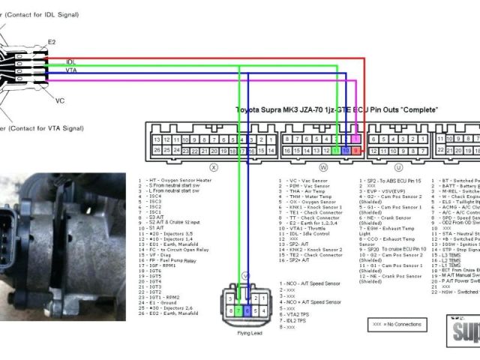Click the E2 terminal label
click(52, 42)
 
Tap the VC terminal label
click(60, 99)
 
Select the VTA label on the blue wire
click(71, 70)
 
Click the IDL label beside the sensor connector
click(70, 61)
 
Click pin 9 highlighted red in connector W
click(355, 151)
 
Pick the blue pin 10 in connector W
click(345, 151)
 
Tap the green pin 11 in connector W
click(335, 151)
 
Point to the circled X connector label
click(214, 168)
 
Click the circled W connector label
click(324, 168)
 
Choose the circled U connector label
click(398, 168)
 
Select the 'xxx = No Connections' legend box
click(397, 324)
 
